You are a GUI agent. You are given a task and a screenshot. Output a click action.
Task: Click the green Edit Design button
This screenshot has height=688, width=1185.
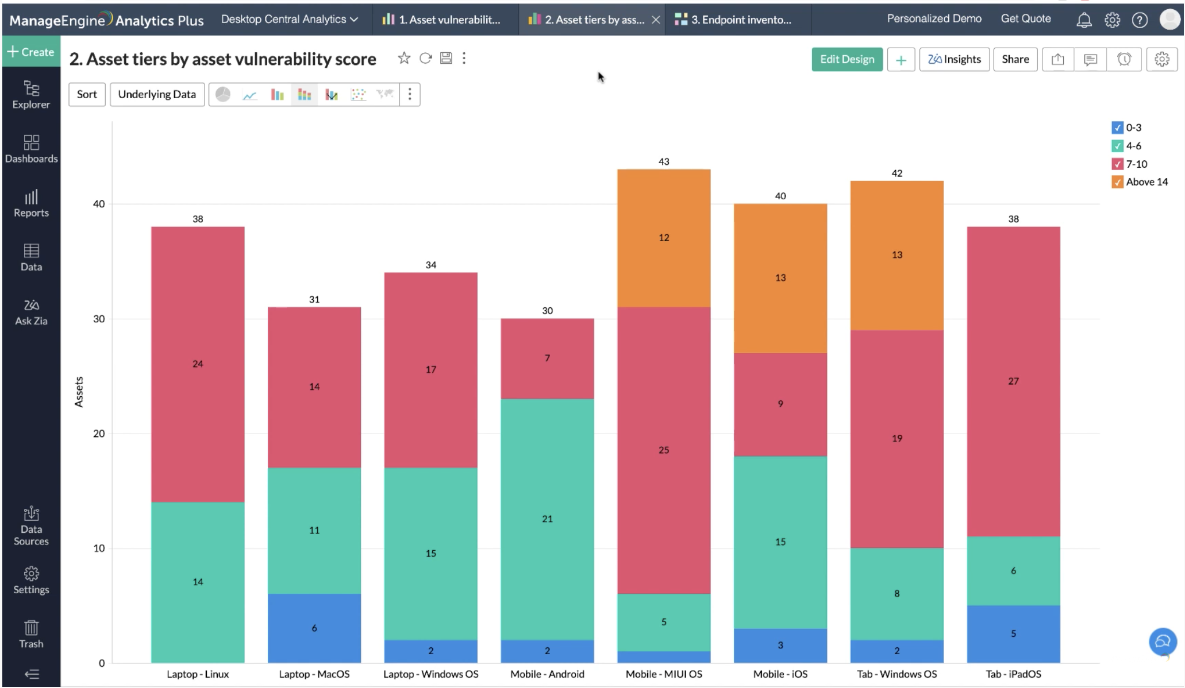[847, 59]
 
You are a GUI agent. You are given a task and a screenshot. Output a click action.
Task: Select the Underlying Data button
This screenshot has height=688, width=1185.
[157, 94]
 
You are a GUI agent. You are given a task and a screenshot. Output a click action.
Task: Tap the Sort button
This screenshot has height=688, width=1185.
[87, 94]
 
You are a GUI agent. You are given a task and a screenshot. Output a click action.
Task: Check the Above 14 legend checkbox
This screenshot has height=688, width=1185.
[1117, 182]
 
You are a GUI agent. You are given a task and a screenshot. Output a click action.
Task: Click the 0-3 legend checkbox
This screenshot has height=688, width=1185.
[1117, 127]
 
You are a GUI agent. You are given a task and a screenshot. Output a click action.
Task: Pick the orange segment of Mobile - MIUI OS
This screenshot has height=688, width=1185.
[664, 238]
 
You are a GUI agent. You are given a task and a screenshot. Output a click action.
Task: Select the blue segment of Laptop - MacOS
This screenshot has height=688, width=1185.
[314, 628]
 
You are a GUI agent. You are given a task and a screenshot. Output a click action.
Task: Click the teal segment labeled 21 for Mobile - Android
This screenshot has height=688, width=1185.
[547, 519]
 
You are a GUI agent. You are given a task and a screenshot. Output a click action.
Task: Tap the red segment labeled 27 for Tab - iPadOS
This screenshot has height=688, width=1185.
[1013, 381]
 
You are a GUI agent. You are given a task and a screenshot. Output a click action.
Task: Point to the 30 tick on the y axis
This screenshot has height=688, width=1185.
[99, 319]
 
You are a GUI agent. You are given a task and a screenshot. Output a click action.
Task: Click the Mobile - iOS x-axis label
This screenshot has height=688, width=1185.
[780, 674]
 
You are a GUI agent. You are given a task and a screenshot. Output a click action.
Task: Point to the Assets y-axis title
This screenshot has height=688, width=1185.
[79, 392]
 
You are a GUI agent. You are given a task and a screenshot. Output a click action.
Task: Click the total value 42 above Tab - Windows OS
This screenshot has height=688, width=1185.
[897, 173]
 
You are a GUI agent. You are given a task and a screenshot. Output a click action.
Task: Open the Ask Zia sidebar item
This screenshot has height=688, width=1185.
[31, 312]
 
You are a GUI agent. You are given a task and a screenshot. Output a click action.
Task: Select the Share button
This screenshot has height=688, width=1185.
[1015, 59]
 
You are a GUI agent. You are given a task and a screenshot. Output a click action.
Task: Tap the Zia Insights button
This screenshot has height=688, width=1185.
[954, 59]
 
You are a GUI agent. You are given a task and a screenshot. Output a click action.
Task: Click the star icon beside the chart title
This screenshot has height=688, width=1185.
[404, 58]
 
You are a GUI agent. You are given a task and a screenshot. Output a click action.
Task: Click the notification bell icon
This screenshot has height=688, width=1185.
[1083, 20]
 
